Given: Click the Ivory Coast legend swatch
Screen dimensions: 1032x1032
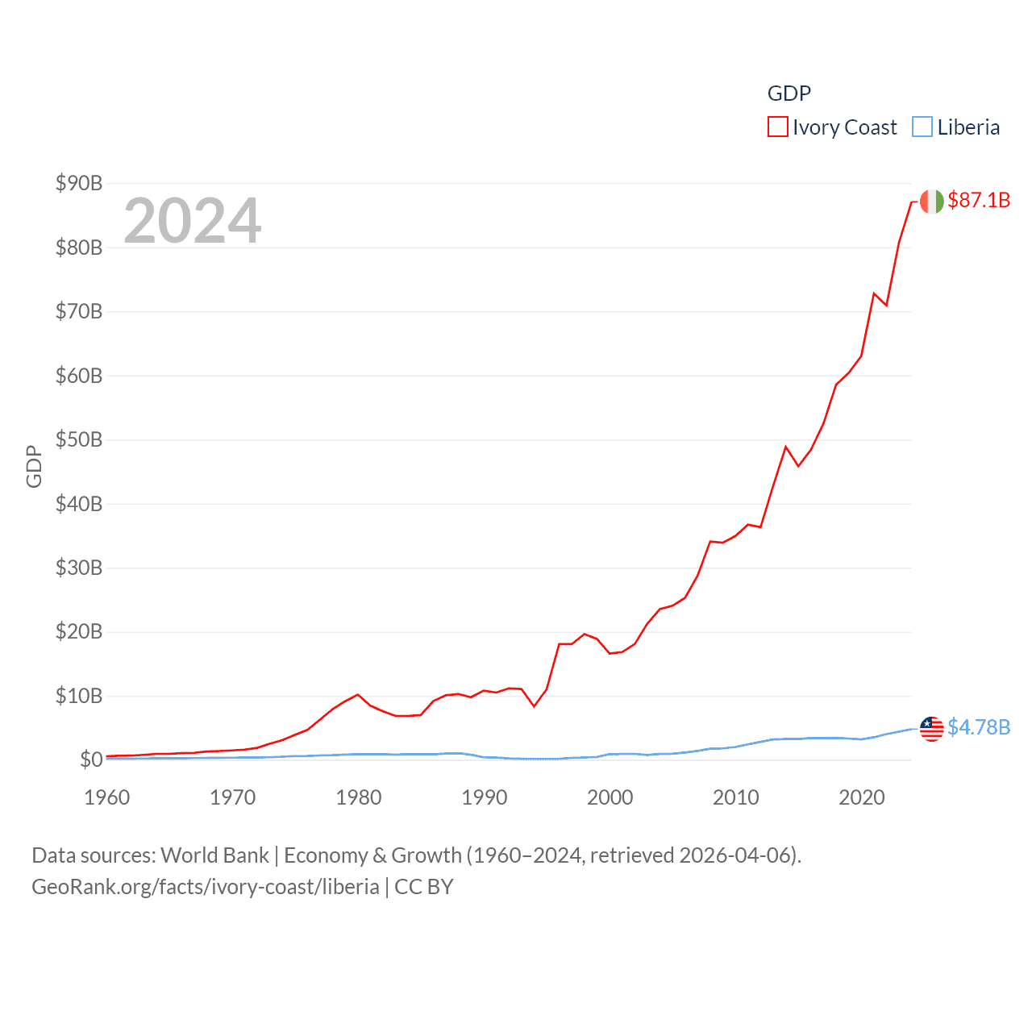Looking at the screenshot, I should click(777, 127).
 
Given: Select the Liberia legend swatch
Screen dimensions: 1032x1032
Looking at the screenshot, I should click(922, 127).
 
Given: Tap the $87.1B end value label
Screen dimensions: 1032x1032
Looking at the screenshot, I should click(979, 200).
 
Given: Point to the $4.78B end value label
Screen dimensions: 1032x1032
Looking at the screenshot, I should click(979, 727).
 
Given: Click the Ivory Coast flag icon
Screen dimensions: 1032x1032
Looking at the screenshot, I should click(931, 202).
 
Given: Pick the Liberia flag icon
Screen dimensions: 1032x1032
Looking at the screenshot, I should click(931, 729).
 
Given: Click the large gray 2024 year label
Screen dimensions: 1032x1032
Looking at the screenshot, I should click(192, 221).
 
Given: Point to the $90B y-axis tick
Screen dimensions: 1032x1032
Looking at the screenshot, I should click(79, 184).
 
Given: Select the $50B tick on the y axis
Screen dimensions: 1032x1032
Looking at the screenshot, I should click(79, 440).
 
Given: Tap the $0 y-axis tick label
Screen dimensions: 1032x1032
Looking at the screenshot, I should click(91, 760).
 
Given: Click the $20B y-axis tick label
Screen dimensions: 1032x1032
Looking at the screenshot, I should click(79, 632).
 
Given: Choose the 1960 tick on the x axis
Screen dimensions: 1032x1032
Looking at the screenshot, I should click(107, 798).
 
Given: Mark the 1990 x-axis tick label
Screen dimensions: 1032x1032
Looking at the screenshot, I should click(485, 798).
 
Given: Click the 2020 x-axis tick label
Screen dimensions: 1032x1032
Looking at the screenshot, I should click(862, 798).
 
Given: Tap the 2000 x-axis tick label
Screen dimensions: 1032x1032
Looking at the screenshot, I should click(610, 798).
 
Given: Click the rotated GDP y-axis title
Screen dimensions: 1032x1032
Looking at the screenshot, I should click(34, 466).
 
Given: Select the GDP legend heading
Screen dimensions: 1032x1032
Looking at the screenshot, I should click(789, 94).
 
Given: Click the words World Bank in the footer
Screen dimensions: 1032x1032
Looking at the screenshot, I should click(214, 855).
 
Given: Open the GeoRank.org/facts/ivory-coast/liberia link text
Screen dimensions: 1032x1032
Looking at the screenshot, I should click(206, 887).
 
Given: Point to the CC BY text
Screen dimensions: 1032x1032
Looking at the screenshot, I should click(424, 887).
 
